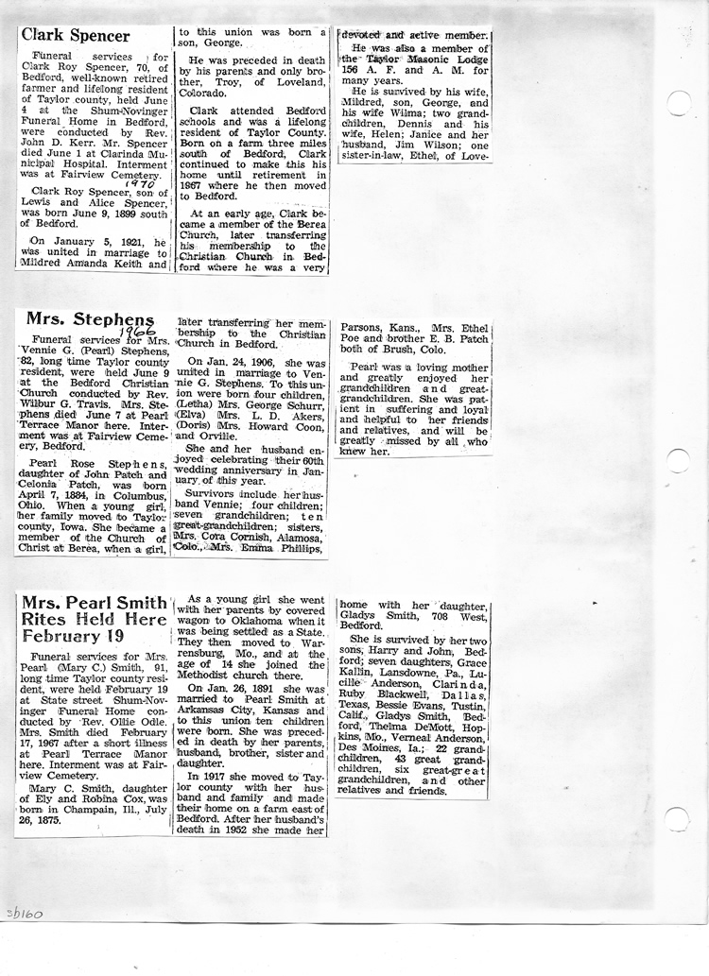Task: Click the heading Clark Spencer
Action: tap(75, 36)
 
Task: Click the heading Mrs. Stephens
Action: tap(91, 319)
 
